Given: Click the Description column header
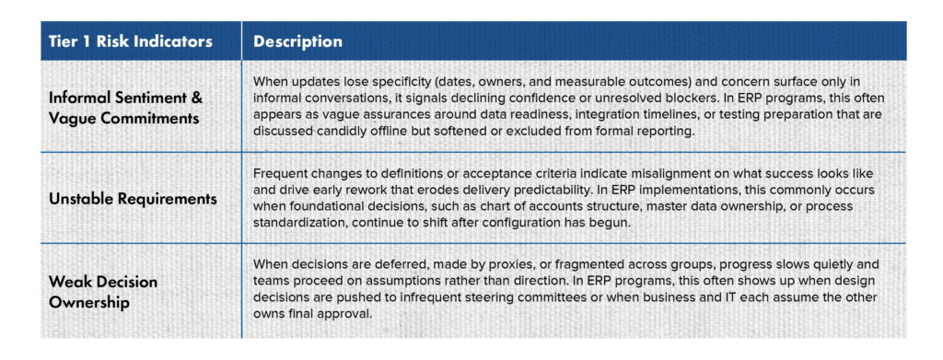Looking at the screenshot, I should [297, 41].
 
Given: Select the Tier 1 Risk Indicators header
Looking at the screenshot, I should [131, 41].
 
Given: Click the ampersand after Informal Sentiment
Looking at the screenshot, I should [196, 98].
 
